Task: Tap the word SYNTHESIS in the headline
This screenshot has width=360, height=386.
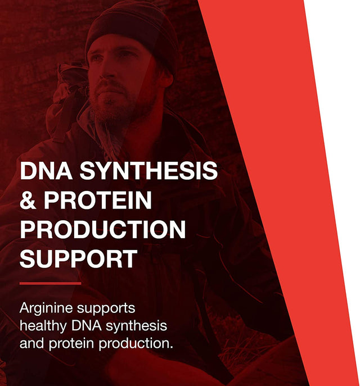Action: (148, 171)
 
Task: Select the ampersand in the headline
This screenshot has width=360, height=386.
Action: (28, 201)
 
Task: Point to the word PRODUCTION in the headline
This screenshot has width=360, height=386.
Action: (102, 230)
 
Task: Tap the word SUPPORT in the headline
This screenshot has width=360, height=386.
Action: (78, 259)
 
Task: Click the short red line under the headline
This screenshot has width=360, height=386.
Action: (50, 283)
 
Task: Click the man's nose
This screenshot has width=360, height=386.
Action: (108, 77)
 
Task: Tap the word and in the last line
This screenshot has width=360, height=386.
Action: (31, 343)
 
